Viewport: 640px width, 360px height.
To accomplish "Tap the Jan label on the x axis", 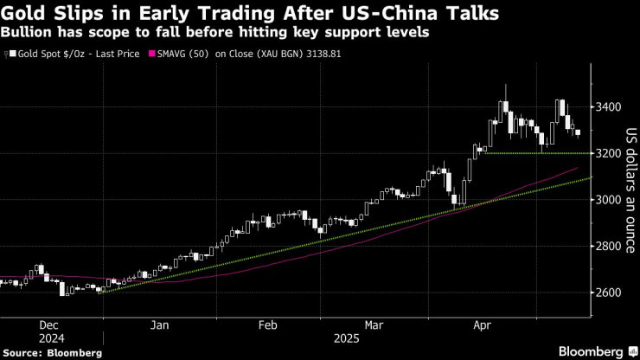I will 158,325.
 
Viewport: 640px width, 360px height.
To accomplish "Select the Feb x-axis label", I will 267,325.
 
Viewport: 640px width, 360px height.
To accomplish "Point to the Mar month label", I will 373,325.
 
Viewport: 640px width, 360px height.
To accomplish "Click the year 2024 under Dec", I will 52,338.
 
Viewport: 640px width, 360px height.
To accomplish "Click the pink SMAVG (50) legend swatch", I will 153,54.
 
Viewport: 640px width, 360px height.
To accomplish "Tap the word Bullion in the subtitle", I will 26,32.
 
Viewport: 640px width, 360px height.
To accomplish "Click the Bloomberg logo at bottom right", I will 592,351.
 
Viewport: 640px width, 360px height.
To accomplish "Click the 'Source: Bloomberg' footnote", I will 52,353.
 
